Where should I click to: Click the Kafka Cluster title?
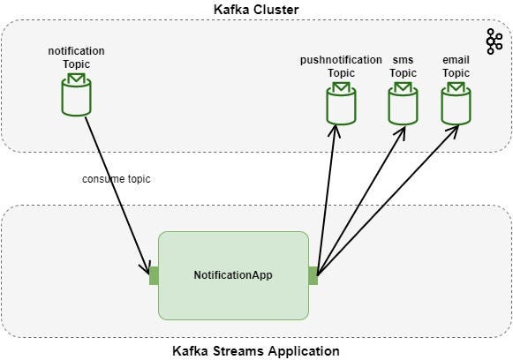pyautogui.click(x=255, y=9)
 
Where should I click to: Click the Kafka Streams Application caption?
pyautogui.click(x=255, y=350)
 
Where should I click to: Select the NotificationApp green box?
pyautogui.click(x=233, y=274)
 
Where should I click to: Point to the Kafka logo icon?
pyautogui.click(x=494, y=40)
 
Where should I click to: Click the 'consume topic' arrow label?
pyautogui.click(x=117, y=179)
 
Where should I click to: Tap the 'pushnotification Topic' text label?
pyautogui.click(x=341, y=66)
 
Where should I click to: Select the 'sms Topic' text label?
pyautogui.click(x=403, y=66)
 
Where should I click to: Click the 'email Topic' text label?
pyautogui.click(x=456, y=66)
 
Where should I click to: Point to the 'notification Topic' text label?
pyautogui.click(x=76, y=58)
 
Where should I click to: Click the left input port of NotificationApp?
pyautogui.click(x=154, y=274)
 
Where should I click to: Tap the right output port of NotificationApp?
pyautogui.click(x=313, y=274)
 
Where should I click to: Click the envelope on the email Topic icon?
pyautogui.click(x=456, y=87)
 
